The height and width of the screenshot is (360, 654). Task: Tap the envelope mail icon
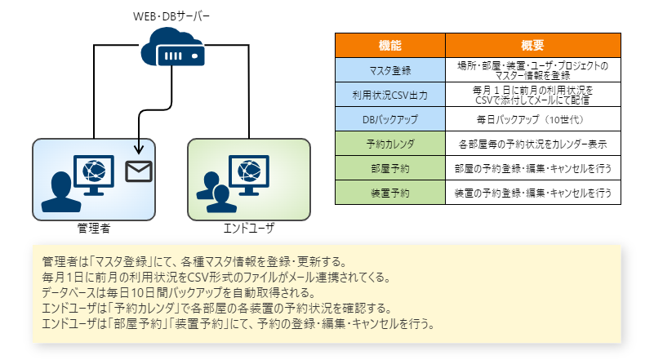click(x=139, y=171)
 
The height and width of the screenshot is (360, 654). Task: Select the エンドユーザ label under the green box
click(x=249, y=229)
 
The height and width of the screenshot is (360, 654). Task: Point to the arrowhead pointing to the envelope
click(x=140, y=149)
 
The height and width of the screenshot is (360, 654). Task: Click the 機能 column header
click(x=390, y=45)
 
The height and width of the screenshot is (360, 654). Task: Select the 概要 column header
click(x=532, y=45)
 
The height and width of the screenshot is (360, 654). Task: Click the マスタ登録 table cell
click(x=390, y=69)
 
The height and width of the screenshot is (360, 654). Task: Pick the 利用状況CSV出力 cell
click(x=390, y=94)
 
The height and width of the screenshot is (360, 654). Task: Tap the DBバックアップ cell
click(x=390, y=119)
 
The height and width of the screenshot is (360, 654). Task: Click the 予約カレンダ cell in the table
click(x=390, y=144)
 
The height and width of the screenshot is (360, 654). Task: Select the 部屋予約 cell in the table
click(x=390, y=169)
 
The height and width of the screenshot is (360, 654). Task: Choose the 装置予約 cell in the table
click(x=390, y=193)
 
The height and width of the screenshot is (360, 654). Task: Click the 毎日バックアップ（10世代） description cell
click(x=532, y=119)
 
